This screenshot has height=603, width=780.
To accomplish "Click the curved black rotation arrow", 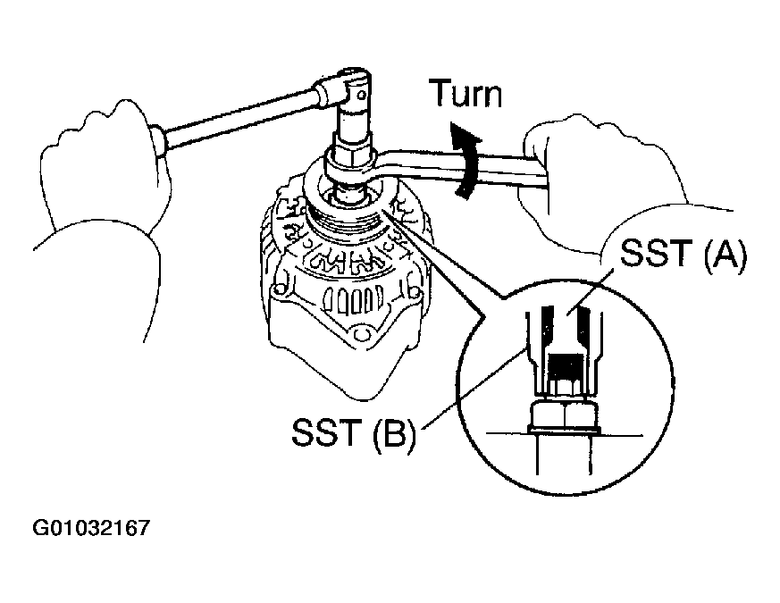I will point(465,161).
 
